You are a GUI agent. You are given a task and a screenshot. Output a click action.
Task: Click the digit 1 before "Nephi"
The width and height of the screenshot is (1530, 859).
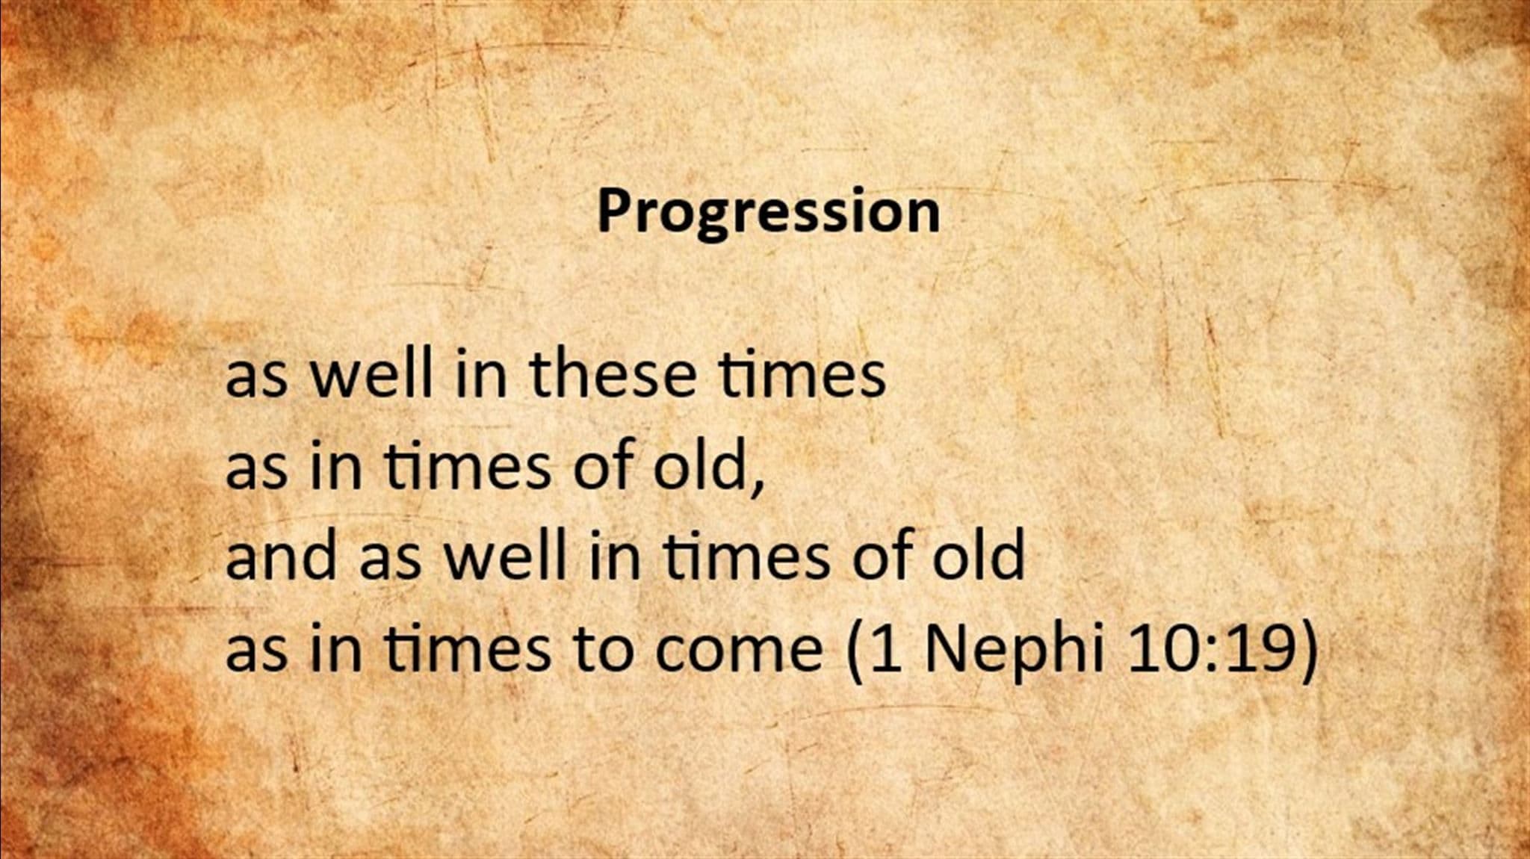887,647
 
